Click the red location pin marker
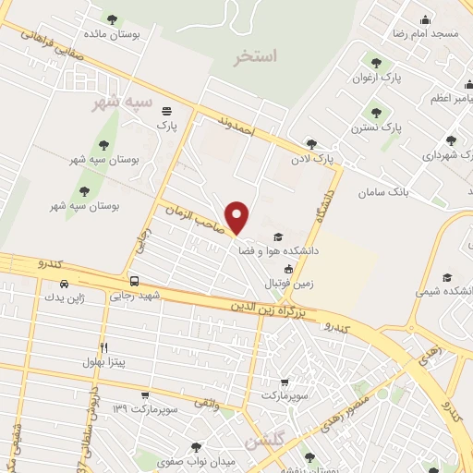238,217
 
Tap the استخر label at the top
256,56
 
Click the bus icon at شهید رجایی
135,281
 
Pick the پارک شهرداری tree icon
450,141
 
